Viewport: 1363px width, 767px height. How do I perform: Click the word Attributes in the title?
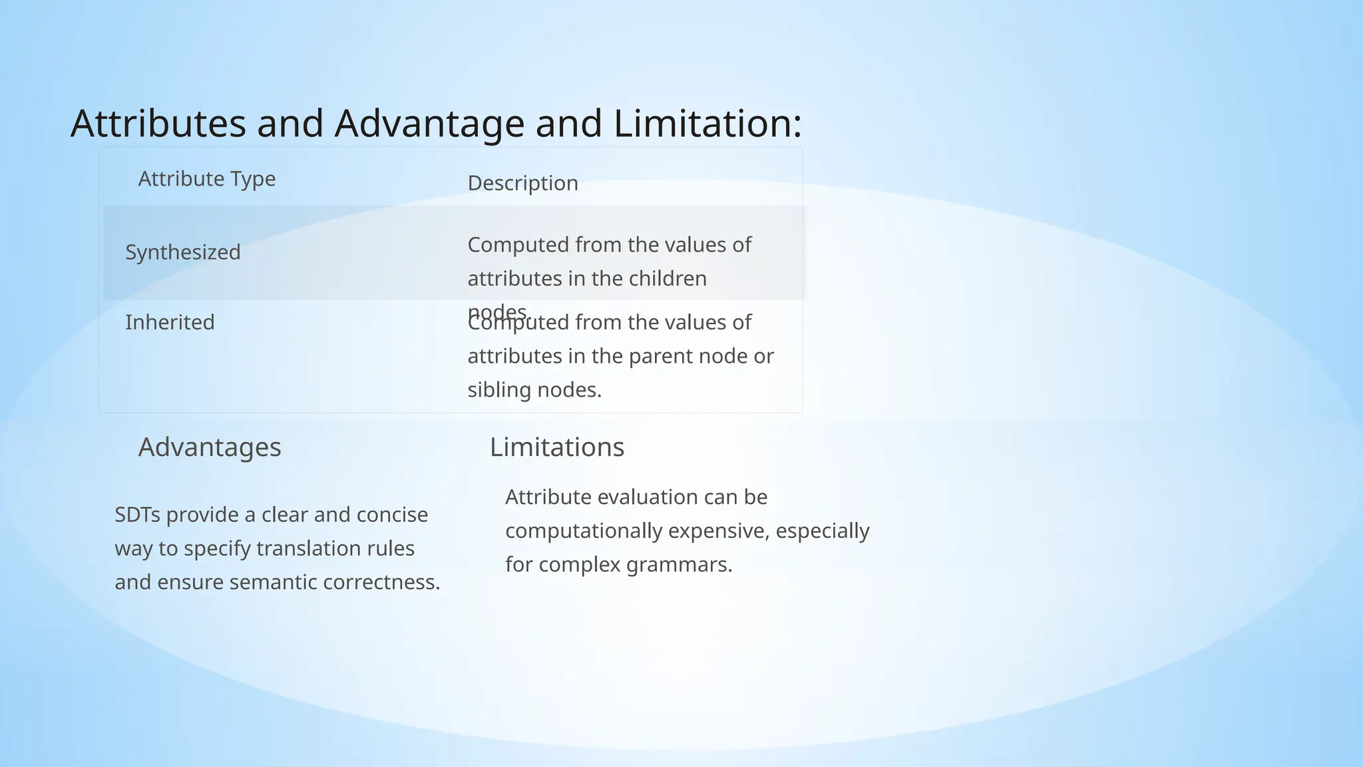coord(158,124)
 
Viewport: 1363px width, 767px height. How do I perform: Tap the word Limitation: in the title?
coord(707,124)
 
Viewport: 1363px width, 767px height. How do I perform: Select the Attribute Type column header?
coord(206,179)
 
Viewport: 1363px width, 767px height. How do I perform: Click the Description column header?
coord(522,183)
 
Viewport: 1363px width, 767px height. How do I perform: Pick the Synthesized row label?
coord(183,252)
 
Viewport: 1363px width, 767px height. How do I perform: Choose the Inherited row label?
coord(170,322)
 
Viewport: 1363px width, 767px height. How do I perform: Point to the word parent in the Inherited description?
coord(656,356)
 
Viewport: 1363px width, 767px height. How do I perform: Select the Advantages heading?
coord(210,447)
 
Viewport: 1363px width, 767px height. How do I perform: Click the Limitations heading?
coord(557,447)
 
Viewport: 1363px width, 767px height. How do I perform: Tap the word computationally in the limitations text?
coord(584,531)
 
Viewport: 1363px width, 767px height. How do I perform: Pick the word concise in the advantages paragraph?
coord(392,515)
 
